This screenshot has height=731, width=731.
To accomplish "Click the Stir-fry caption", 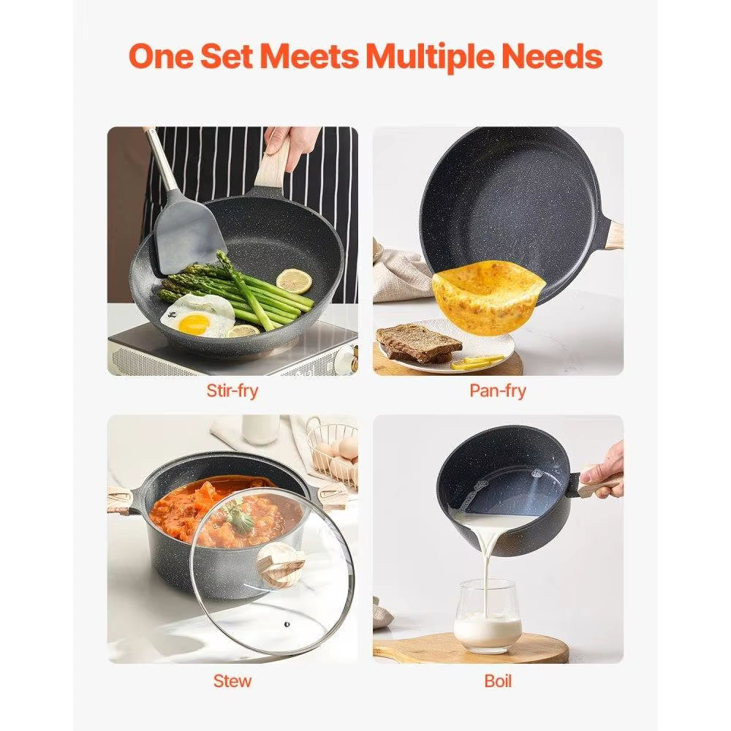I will click(x=232, y=390).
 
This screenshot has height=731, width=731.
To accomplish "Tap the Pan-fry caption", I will click(x=498, y=390).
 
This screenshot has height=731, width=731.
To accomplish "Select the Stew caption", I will click(x=232, y=681).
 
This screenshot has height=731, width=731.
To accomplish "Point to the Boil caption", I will click(x=498, y=681).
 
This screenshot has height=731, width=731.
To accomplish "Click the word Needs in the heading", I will click(x=558, y=56).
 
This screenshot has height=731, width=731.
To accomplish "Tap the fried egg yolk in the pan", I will click(x=193, y=323).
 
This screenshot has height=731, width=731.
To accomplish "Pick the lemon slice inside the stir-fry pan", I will click(x=295, y=281).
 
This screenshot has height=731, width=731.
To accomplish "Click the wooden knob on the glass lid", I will click(x=281, y=564).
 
